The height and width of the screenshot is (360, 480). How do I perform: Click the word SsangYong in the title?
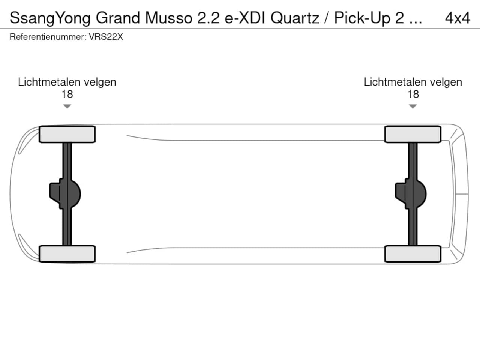tap(50, 18)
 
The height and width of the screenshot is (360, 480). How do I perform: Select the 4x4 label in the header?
tap(457, 18)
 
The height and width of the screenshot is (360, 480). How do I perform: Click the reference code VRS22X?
tap(106, 37)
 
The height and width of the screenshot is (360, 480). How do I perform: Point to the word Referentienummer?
tap(47, 37)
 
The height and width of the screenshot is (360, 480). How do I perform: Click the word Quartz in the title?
tap(295, 18)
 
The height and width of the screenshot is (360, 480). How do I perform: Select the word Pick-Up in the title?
tap(362, 18)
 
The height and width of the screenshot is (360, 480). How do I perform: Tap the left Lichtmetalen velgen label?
tap(67, 82)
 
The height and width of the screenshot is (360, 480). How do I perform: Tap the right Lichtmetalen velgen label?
tap(413, 82)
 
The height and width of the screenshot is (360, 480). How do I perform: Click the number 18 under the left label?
tap(67, 94)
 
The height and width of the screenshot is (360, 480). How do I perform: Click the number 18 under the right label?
tap(413, 94)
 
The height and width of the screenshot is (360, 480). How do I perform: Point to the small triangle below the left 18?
tap(67, 106)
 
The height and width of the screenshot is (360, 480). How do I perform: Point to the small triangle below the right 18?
tap(413, 106)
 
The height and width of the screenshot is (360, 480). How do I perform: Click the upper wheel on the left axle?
tap(67, 134)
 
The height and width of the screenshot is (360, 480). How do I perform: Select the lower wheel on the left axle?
tap(67, 254)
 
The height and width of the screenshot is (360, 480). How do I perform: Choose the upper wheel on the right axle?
tap(413, 134)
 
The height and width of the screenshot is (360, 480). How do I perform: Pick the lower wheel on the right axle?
tap(413, 254)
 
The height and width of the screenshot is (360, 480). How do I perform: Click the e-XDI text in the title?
tap(245, 18)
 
